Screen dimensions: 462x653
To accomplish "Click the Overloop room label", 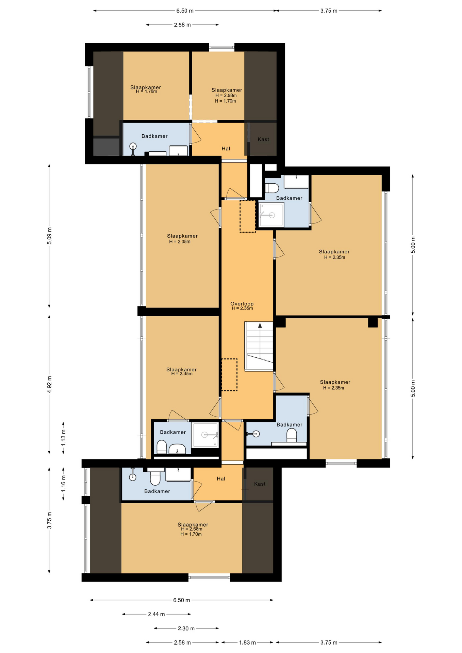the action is click(x=242, y=304).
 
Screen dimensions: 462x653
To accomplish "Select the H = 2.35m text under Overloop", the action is click(x=242, y=308).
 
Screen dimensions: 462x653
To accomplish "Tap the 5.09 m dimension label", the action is click(x=50, y=236).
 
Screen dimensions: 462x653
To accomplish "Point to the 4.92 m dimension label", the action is click(x=50, y=384).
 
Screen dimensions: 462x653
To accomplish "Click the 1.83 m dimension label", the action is click(x=247, y=642).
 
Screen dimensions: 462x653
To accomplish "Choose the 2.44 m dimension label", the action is click(x=156, y=614).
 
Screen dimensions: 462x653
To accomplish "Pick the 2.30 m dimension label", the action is click(x=186, y=628).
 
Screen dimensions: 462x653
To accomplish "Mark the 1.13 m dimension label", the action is click(x=64, y=438).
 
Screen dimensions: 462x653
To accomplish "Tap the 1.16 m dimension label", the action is click(x=64, y=483).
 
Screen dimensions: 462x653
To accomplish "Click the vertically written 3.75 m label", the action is click(x=50, y=520).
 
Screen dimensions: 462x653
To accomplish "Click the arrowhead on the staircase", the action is click(x=260, y=325).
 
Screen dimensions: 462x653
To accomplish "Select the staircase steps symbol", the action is click(x=259, y=346).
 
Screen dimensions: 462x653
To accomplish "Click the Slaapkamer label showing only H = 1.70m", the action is click(x=146, y=89).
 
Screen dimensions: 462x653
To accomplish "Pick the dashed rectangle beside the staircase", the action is click(x=229, y=374).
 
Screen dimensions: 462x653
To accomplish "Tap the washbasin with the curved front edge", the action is click(x=177, y=449).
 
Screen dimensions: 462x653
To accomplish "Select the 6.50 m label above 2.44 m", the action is click(x=182, y=600).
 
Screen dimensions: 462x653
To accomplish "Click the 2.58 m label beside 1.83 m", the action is click(x=182, y=642).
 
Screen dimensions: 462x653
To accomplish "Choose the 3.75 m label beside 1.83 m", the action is click(x=329, y=642).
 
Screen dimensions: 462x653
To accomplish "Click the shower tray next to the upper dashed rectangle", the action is click(x=271, y=215).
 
